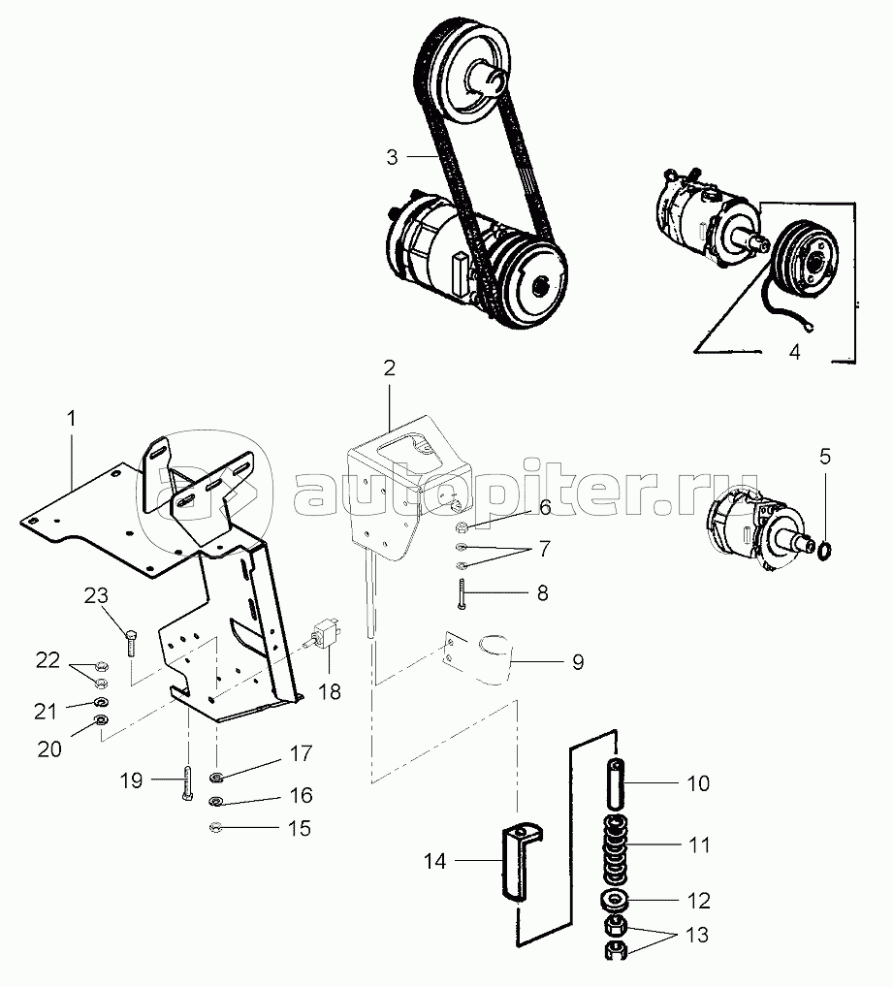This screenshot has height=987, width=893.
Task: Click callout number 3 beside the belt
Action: coord(392,156)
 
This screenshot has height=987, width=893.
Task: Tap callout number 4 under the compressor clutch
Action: coord(794,353)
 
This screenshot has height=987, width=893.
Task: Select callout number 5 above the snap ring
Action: coord(824,456)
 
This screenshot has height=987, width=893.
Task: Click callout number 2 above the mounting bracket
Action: coord(389,367)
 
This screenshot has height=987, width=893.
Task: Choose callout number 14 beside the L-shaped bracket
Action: coord(435,859)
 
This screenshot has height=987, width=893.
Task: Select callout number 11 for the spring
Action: coord(699,845)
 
